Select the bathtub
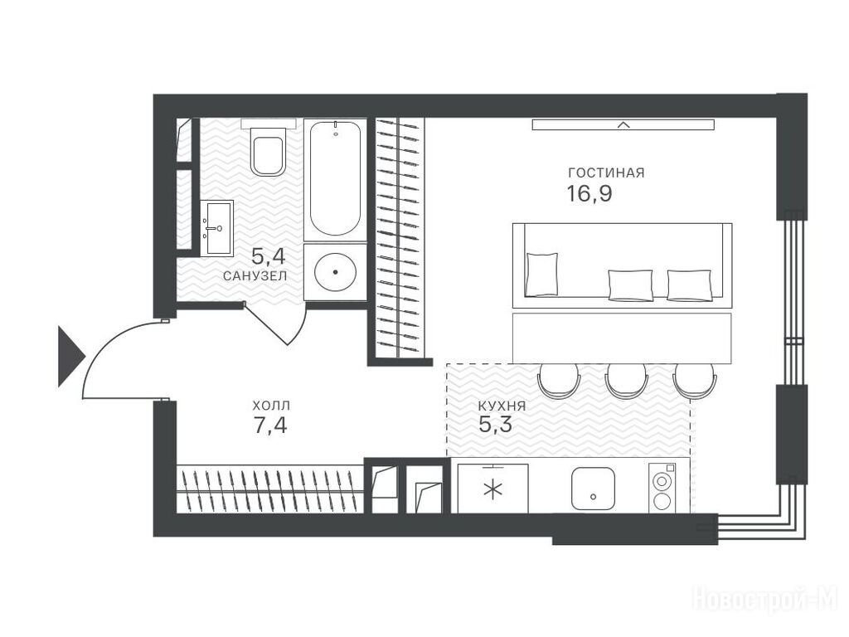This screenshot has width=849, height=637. pyautogui.click(x=335, y=179)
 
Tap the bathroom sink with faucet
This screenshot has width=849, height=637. pyautogui.click(x=216, y=227)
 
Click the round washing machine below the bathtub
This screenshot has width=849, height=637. pyautogui.click(x=335, y=272)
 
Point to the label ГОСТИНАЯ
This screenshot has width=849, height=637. pyautogui.click(x=606, y=173)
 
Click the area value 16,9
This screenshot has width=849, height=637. pyautogui.click(x=589, y=193)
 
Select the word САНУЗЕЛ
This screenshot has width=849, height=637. pyautogui.click(x=255, y=275)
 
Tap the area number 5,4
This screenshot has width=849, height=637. pyautogui.click(x=269, y=255)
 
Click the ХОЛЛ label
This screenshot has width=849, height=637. pyautogui.click(x=271, y=405)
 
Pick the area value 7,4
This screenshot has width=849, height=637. pyautogui.click(x=270, y=425)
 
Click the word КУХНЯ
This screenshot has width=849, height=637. pyautogui.click(x=502, y=406)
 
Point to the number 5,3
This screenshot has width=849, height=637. pyautogui.click(x=496, y=424)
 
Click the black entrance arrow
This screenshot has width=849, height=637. pyautogui.click(x=71, y=356)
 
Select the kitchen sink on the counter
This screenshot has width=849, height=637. pyautogui.click(x=593, y=488)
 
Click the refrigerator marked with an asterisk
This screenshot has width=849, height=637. pyautogui.click(x=492, y=488)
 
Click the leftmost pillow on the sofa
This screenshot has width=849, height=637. pyautogui.click(x=542, y=274)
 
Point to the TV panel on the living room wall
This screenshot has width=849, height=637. pyautogui.click(x=623, y=124)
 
